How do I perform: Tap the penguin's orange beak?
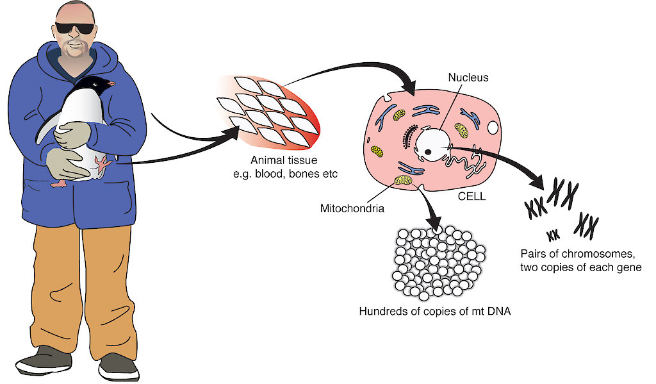coord(111,83)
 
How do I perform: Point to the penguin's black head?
coord(95,84)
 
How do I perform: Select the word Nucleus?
coord(468,78)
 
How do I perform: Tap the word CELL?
coord(471,197)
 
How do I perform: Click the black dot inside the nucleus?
coord(427,152)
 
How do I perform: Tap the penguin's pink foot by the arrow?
coord(102,163)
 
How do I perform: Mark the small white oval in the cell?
coord(493,128)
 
